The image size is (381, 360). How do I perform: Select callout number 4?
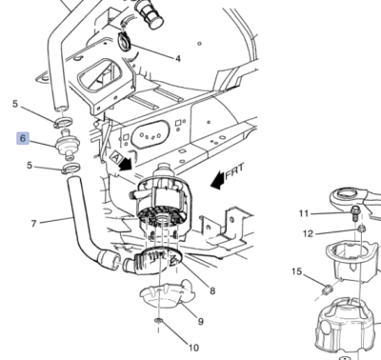[x=177, y=58]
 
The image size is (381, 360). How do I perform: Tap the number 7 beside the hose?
[x=33, y=224]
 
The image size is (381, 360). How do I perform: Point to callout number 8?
[x=211, y=290]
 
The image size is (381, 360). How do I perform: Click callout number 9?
[x=200, y=322]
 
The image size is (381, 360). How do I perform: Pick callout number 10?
[x=194, y=348]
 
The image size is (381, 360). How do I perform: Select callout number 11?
[x=304, y=212]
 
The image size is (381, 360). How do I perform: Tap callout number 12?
[x=307, y=233]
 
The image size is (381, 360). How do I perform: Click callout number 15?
[x=296, y=272]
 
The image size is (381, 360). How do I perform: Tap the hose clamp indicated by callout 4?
[x=126, y=41]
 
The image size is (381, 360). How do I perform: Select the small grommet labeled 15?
[x=327, y=287]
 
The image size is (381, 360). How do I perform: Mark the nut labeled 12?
[x=361, y=230]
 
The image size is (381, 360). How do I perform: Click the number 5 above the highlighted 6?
[x=14, y=103]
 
